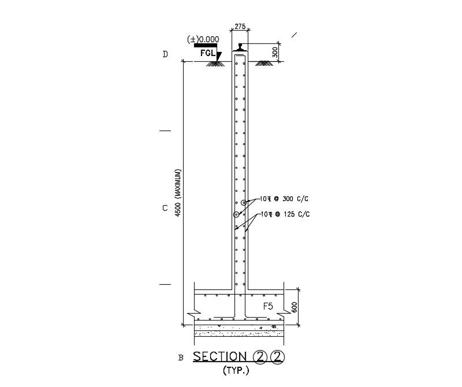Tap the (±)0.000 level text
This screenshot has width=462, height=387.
point(203,39)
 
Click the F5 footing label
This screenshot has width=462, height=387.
point(268,307)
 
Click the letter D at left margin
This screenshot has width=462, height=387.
point(165,55)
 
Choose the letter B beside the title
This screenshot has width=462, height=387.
point(181,358)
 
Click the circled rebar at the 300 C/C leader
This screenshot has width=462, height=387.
point(244,202)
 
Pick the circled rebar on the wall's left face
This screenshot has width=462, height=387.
point(236,215)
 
